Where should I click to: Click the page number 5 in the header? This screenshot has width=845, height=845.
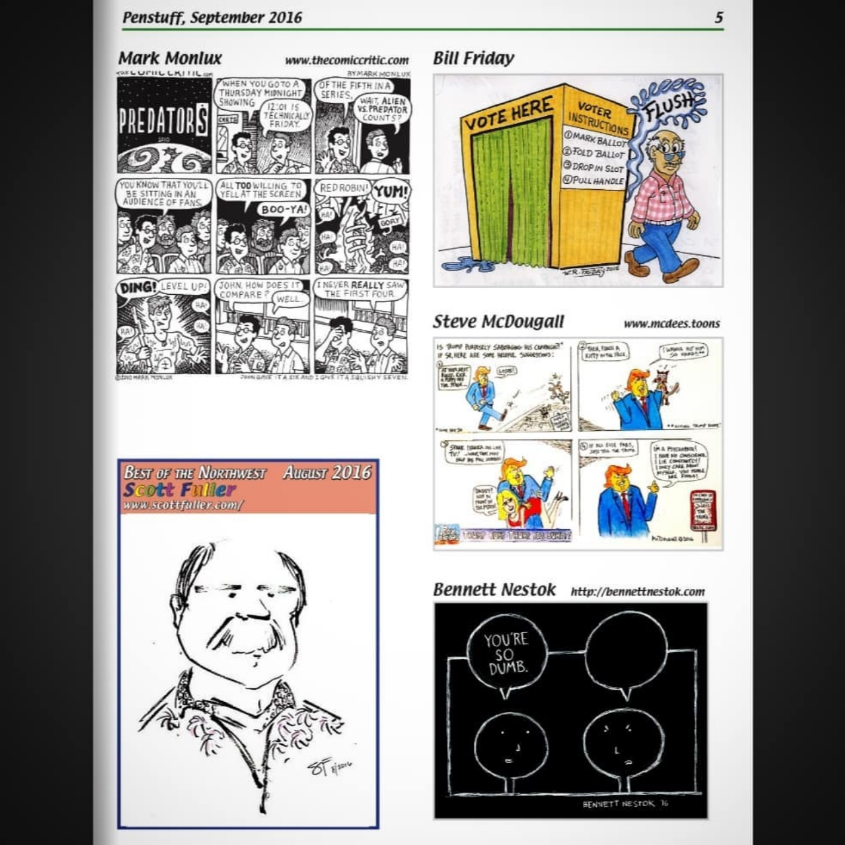pos(718,18)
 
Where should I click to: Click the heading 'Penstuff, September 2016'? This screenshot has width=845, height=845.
pos(212,17)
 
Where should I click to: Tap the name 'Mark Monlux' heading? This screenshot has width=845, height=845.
pos(169,58)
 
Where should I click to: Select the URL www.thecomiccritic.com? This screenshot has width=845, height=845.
pos(347,60)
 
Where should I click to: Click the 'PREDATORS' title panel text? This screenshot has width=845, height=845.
pos(163,122)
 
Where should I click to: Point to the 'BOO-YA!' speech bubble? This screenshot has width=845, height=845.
pos(284,209)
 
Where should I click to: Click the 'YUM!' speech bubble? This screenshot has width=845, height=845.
pos(391,192)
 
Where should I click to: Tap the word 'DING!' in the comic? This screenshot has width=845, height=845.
pos(137,288)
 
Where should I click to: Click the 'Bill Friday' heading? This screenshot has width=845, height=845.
pos(473,58)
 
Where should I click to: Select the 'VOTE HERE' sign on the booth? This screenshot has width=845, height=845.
pos(509,113)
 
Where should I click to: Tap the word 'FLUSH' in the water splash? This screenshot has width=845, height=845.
pos(671,106)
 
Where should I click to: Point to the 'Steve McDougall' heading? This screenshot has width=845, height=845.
pos(498,322)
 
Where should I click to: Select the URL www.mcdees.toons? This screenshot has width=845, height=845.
pos(671,323)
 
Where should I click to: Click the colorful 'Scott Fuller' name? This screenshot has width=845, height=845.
pos(180,490)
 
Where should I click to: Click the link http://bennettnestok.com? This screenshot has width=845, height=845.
pos(637,592)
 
